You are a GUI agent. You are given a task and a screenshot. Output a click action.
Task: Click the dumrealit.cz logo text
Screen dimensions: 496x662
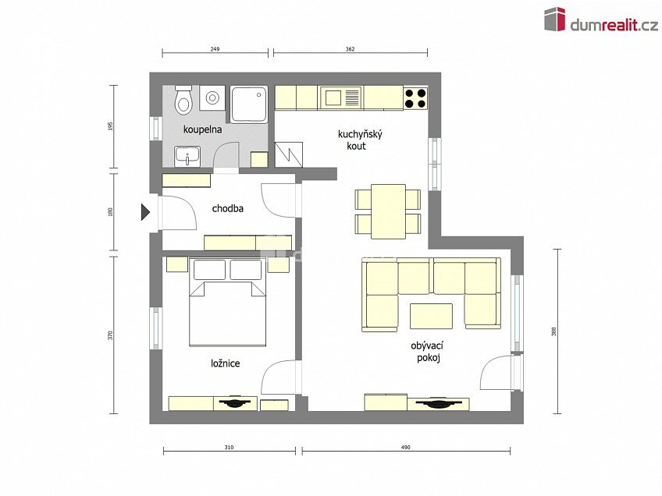point(613,25)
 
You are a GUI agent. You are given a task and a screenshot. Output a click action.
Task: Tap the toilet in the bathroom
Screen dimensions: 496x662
point(183,101)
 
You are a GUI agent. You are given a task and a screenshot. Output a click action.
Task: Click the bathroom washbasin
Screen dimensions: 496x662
point(187,157)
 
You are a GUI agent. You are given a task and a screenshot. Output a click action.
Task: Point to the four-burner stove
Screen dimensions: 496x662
point(415,97)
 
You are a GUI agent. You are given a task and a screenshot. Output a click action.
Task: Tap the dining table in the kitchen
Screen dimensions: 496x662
point(388,211)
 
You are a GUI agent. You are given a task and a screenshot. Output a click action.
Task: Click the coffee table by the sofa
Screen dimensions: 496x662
point(431,316)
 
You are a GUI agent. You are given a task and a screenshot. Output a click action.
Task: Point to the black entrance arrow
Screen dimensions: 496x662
point(146,211)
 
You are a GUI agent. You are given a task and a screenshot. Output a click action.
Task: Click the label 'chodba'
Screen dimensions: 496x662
point(228,209)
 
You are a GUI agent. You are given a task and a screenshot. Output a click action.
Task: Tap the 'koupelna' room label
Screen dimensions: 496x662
point(202,129)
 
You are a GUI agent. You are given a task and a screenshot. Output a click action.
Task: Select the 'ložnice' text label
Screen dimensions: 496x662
point(225,363)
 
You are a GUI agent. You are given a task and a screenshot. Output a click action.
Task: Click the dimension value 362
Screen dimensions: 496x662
point(350,49)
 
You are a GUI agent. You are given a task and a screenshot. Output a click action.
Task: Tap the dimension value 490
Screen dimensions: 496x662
point(405,448)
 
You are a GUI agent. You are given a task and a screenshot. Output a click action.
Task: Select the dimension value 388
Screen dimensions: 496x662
point(553,331)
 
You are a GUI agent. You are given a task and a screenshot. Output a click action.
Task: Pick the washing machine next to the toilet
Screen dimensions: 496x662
point(212,97)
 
